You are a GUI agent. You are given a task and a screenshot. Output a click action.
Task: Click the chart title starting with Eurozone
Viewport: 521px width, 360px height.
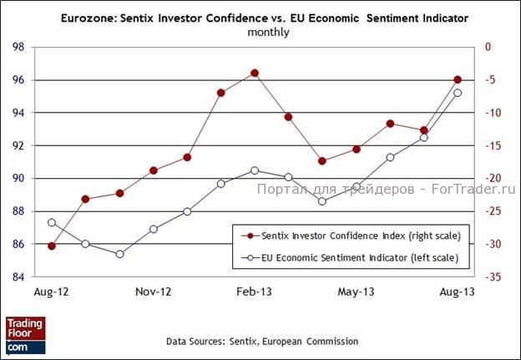point(265,18)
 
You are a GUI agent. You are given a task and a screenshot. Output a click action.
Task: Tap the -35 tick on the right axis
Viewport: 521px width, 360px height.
point(495,276)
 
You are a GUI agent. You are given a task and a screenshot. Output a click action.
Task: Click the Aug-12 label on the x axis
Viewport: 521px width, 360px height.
point(52,292)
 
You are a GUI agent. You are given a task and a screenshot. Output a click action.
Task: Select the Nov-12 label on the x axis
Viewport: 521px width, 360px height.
point(154,292)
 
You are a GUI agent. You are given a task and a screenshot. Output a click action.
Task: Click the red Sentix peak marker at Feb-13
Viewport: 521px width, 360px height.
point(255,74)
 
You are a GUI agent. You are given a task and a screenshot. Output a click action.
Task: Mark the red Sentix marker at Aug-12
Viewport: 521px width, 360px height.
point(52,246)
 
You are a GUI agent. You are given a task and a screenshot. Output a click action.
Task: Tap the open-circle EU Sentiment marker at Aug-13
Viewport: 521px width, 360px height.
point(458,93)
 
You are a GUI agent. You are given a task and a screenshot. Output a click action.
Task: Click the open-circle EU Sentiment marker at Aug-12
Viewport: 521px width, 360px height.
point(52,222)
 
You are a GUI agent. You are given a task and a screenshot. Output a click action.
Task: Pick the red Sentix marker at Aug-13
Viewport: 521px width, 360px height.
point(458,79)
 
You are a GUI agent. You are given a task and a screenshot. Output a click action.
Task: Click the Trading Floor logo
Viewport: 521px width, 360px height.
point(25,333)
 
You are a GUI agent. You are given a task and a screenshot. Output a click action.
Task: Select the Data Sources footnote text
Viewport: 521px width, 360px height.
point(262,342)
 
